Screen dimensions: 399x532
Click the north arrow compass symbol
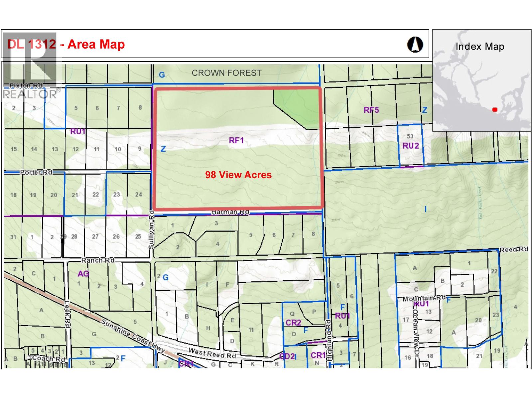coord(415,45)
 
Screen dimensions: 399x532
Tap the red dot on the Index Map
coord(494,109)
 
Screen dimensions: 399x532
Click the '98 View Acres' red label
coord(238,175)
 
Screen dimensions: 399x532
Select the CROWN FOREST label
coord(226,73)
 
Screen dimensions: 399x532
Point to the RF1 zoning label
coord(236,140)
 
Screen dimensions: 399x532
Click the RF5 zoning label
coord(371,110)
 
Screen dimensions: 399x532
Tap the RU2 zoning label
coord(411,146)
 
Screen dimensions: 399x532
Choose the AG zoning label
coord(83,273)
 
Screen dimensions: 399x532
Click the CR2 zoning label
coord(293,322)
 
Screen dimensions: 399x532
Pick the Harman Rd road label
coord(230,212)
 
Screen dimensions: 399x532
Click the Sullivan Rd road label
coord(152,229)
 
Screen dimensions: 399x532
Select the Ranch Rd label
coord(98,260)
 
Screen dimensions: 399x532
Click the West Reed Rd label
coord(212,353)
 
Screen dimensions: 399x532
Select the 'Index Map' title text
coord(479,47)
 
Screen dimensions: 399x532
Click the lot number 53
coord(410,136)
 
